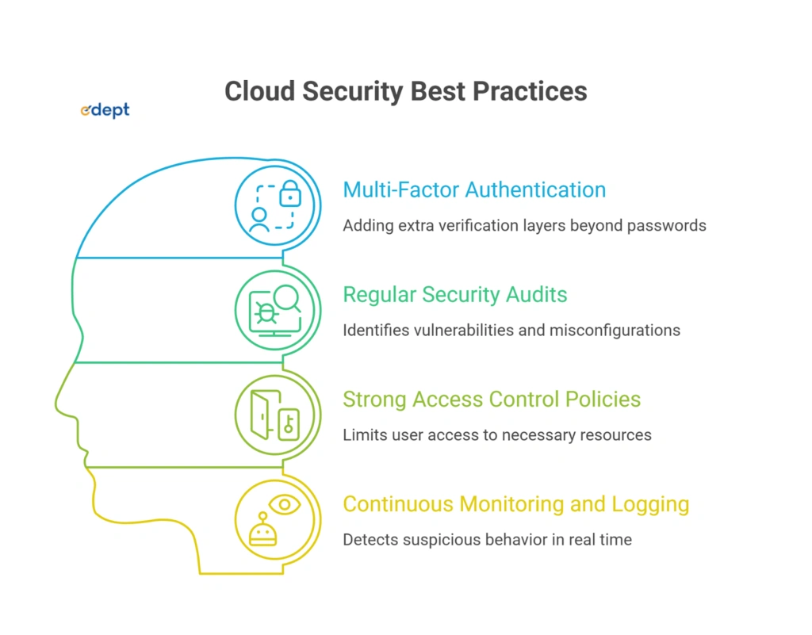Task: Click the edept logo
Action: pyautogui.click(x=105, y=111)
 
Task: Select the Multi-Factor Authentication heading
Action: pyautogui.click(x=474, y=190)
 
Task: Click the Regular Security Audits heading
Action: pyautogui.click(x=455, y=295)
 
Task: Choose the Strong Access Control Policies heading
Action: pyautogui.click(x=492, y=399)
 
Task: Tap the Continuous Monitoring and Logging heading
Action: pyautogui.click(x=515, y=503)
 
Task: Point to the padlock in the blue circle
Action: pyautogui.click(x=291, y=193)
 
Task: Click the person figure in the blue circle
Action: pyautogui.click(x=259, y=219)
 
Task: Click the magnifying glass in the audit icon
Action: pyautogui.click(x=287, y=299)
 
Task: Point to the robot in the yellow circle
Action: pyautogui.click(x=262, y=530)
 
